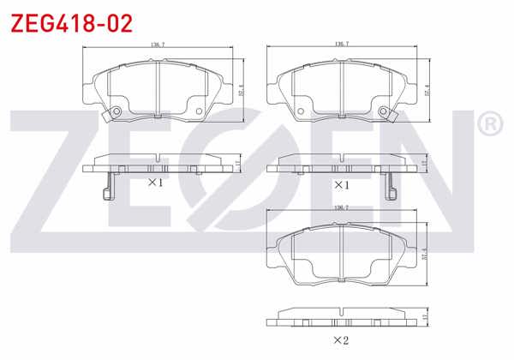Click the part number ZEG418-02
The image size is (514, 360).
[x=71, y=22]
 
